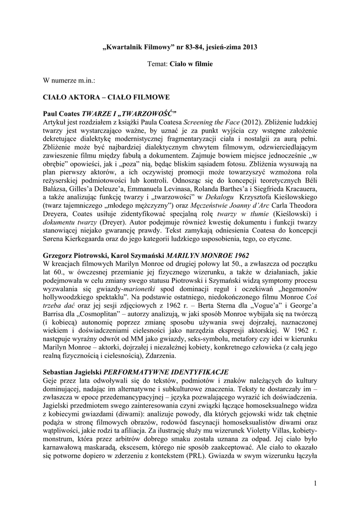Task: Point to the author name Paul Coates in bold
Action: click(x=62, y=112)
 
